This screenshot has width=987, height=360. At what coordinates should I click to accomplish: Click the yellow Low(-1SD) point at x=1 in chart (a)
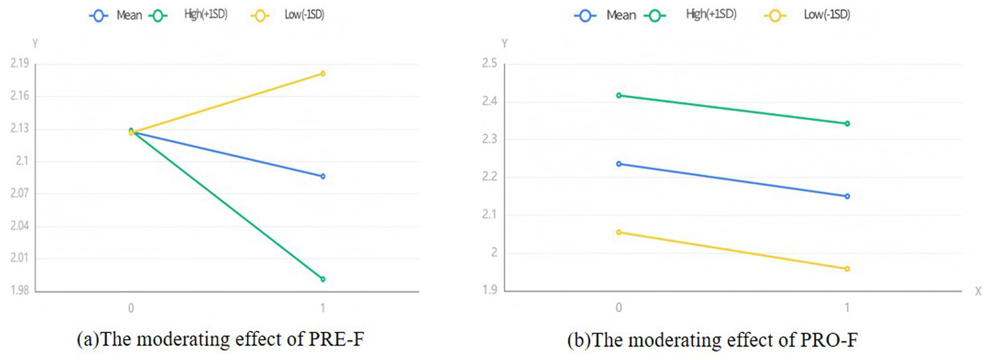pos(323,73)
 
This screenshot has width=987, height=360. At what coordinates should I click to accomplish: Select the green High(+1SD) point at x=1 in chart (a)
pos(323,279)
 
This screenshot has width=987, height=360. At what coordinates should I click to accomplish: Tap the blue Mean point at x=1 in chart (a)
pos(323,176)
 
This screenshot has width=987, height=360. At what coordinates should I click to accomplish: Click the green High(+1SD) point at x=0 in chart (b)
pos(619,95)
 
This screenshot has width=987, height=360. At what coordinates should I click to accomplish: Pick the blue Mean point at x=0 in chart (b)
pos(619,164)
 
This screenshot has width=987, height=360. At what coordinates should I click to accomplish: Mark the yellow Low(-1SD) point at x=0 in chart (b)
pos(619,232)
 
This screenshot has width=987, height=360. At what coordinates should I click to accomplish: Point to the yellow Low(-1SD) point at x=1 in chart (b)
pos(847,269)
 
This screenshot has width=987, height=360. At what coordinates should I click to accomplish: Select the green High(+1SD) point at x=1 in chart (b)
pos(847,123)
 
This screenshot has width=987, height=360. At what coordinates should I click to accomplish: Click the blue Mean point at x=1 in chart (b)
pos(847,196)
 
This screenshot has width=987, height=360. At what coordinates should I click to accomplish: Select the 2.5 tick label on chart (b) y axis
pos(490,64)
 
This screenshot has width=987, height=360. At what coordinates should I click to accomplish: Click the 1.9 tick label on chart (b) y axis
pos(490,291)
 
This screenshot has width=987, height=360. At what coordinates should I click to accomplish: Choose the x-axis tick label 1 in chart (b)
pos(847,308)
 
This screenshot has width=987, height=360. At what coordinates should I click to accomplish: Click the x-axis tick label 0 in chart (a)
pos(131,308)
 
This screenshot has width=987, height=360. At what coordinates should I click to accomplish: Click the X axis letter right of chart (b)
pos(977,291)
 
